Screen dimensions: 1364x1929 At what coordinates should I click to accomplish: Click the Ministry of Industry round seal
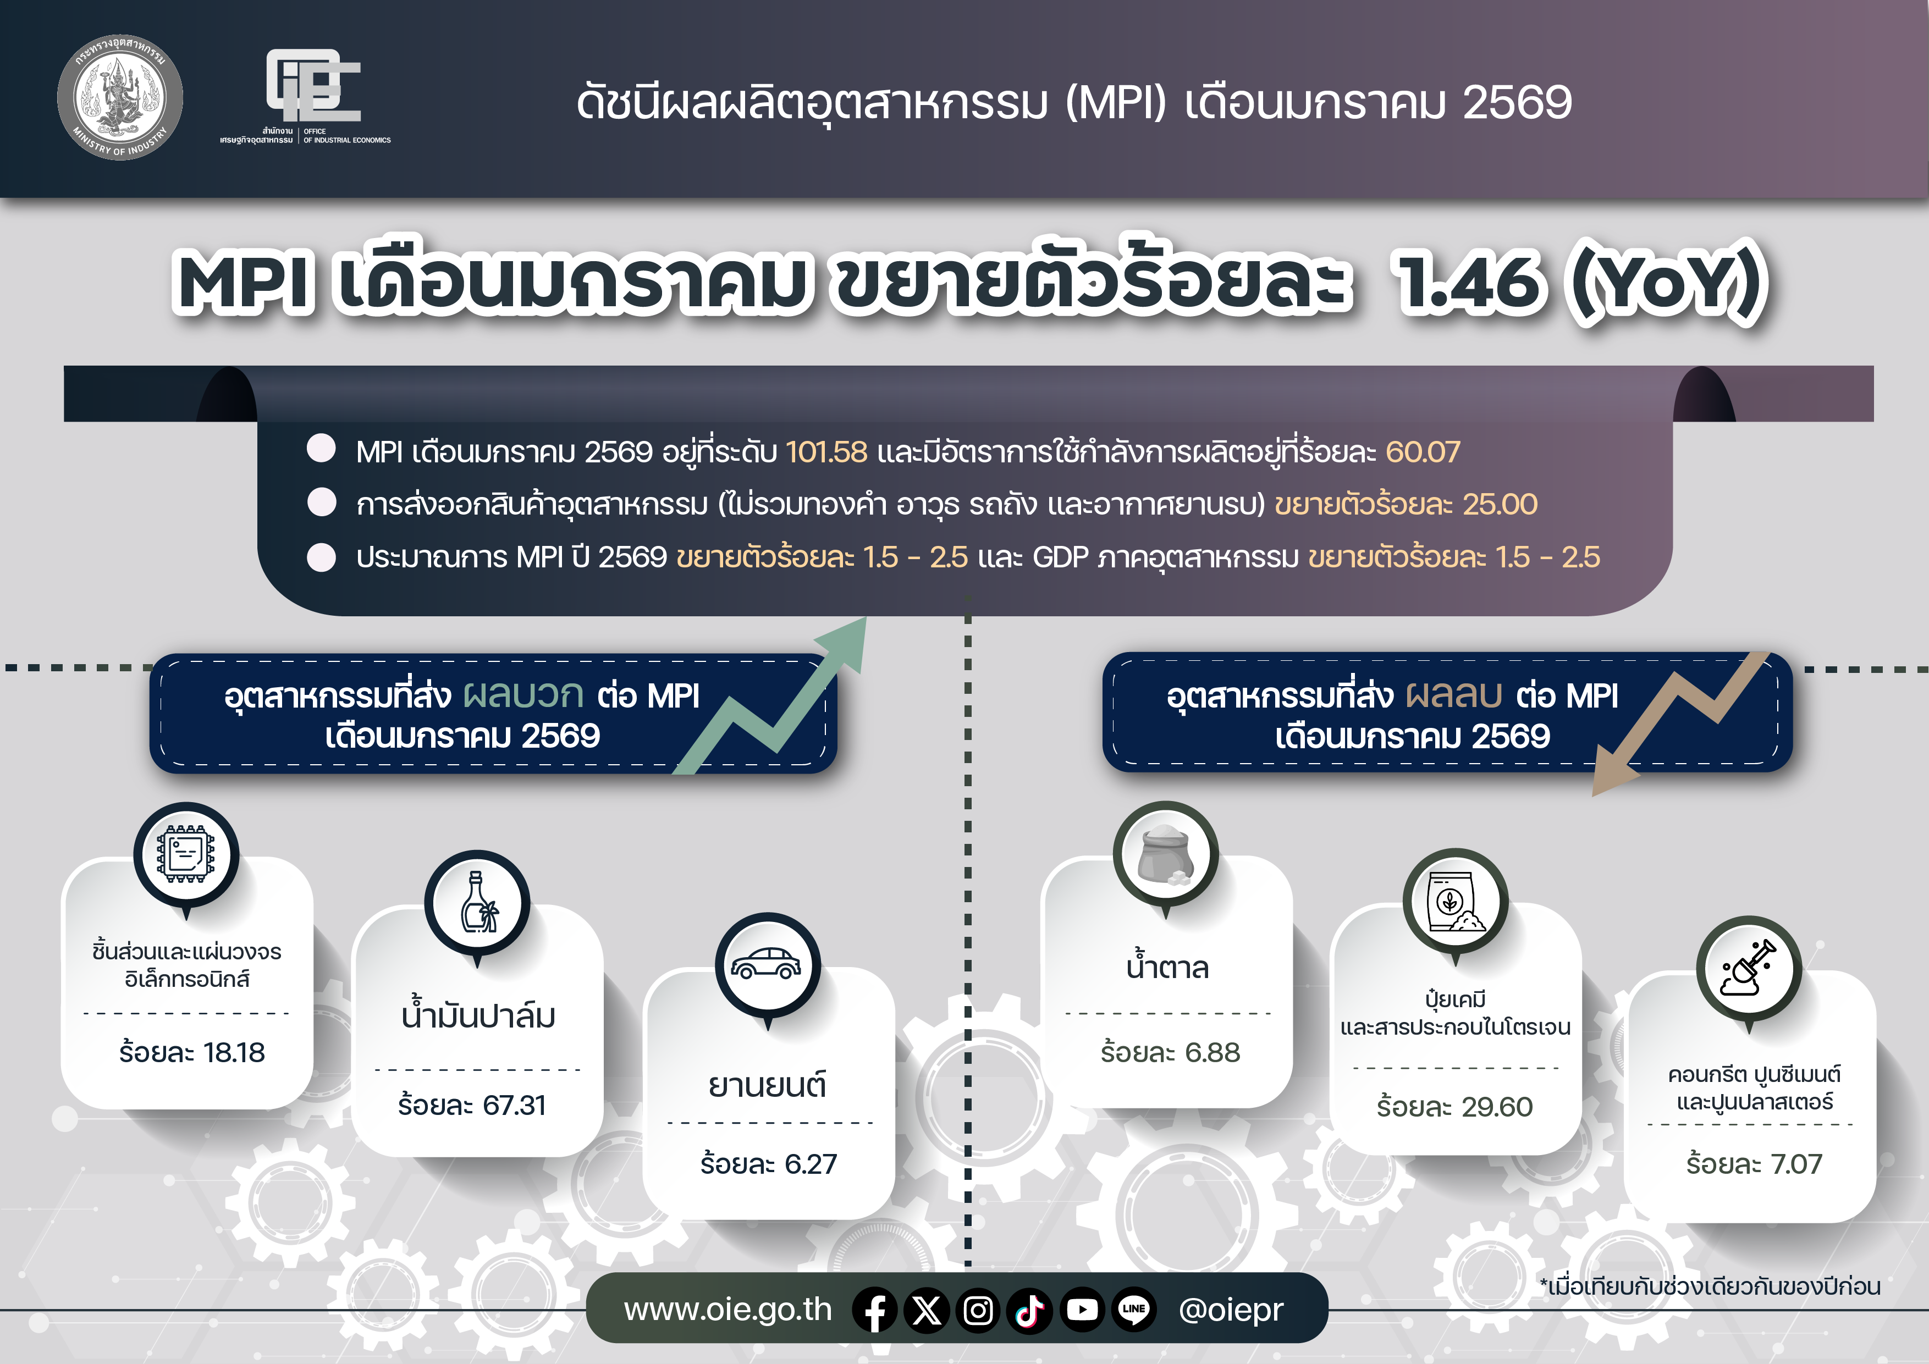[x=120, y=97]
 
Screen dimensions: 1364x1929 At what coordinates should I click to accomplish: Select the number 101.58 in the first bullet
[x=826, y=452]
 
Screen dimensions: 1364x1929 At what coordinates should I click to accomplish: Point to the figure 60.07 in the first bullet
[x=1423, y=452]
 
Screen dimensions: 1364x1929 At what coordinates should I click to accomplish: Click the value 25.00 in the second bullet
[x=1500, y=504]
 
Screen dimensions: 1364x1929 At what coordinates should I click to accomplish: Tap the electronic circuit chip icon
[x=186, y=855]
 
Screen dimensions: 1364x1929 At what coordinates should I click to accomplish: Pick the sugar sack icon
[x=1165, y=855]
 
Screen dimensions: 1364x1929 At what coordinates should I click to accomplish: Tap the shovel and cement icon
[x=1749, y=968]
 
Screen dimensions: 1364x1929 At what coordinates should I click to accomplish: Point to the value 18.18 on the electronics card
[x=234, y=1052]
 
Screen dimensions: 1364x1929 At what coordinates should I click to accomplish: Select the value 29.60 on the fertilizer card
[x=1496, y=1107]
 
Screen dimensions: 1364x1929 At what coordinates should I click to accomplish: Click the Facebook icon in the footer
[x=875, y=1310]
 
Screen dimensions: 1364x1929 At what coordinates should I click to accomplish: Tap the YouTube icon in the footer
[x=1082, y=1310]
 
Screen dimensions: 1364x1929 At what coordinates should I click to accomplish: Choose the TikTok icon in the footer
[x=1030, y=1310]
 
